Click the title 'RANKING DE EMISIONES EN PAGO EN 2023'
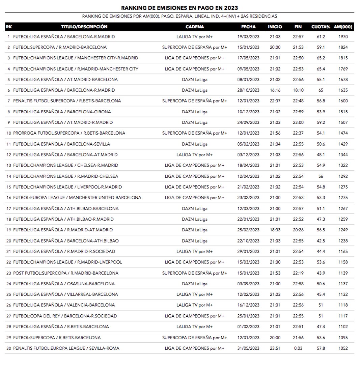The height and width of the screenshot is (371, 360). (x=179, y=8)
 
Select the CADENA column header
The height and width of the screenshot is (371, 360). (x=195, y=27)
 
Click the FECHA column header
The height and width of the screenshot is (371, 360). (x=248, y=27)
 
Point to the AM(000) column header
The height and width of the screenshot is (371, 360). (x=343, y=27)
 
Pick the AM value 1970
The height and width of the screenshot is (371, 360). (x=343, y=37)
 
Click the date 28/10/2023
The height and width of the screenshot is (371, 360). (x=248, y=90)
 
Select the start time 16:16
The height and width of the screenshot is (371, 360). (x=275, y=90)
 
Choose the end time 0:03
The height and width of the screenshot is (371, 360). (x=298, y=348)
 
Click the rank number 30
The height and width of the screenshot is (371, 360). (x=9, y=348)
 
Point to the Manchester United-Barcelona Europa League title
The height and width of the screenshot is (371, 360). (x=77, y=198)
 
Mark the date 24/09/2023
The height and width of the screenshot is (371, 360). (x=248, y=122)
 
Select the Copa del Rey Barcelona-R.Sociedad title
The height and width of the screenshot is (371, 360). (x=65, y=316)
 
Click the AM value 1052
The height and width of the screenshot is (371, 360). (x=343, y=348)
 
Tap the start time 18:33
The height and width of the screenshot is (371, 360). (x=275, y=230)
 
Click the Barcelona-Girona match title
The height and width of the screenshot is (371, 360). (x=62, y=112)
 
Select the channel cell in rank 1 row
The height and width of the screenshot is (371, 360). (x=195, y=37)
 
